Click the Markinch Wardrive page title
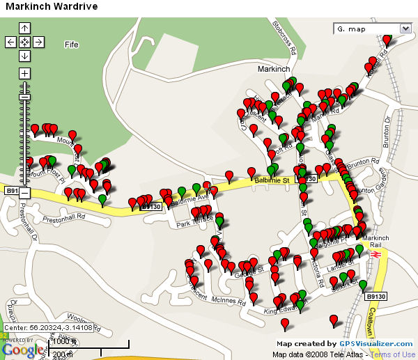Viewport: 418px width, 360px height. [x=52, y=7]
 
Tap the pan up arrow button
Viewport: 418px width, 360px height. [x=24, y=28]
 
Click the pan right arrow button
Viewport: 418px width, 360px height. [x=38, y=42]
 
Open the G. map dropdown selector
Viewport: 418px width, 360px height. [x=373, y=29]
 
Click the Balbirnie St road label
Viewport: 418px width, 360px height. [x=272, y=181]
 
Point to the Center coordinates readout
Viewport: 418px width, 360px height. [x=47, y=327]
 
